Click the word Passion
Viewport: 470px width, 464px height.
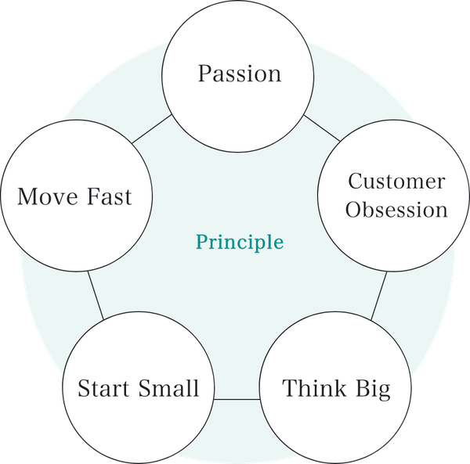[x=239, y=74]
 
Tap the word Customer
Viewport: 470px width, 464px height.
[x=396, y=182]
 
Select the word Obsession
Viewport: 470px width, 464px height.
[x=397, y=210]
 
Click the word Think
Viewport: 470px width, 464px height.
[x=311, y=388]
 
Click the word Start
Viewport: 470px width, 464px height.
[x=106, y=388]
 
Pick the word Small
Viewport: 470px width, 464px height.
[x=169, y=388]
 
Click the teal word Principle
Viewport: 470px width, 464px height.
[x=239, y=242]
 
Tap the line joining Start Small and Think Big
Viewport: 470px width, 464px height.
[x=236, y=399]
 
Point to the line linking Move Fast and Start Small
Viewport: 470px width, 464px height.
[x=95, y=294]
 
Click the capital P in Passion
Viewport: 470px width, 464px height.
[x=205, y=74]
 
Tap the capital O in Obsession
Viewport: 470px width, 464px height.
[x=355, y=210]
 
